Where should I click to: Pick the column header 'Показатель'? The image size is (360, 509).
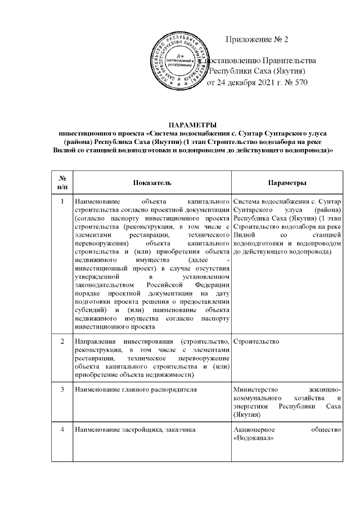point(152,184)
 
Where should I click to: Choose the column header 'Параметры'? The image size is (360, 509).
point(287,184)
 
